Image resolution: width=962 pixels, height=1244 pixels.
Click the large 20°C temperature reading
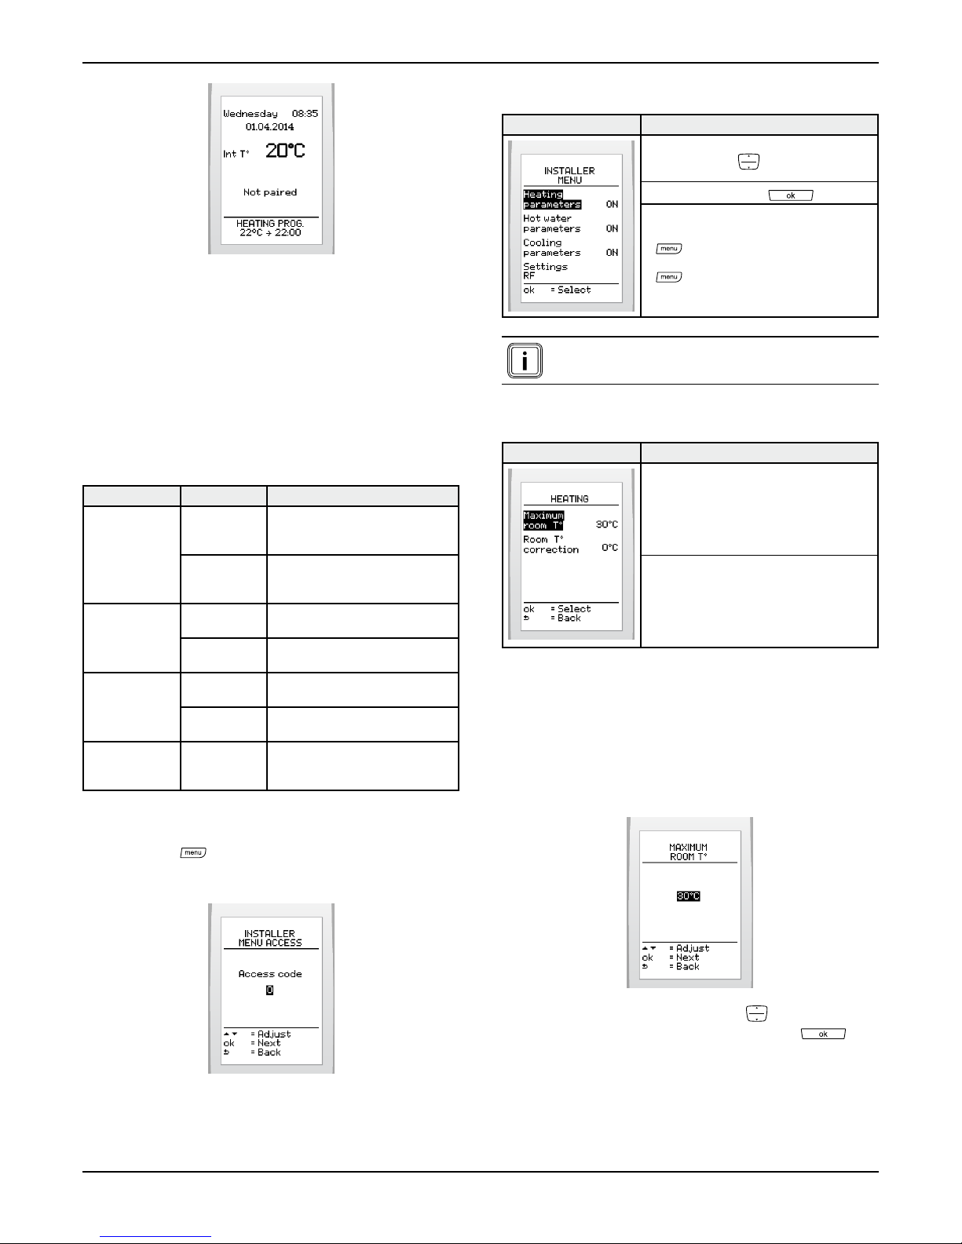click(285, 151)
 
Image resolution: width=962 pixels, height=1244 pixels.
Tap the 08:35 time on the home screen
click(305, 113)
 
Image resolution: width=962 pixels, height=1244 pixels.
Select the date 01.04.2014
click(269, 126)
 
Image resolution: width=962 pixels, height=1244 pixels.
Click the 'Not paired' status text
click(269, 192)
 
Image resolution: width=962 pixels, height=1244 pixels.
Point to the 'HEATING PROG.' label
click(269, 223)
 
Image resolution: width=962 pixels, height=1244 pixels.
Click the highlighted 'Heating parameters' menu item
click(552, 199)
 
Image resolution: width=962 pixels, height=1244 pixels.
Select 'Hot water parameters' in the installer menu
click(551, 223)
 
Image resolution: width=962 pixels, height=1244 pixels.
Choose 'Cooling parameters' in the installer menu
click(551, 247)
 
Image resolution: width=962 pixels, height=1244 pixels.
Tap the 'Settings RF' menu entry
click(545, 271)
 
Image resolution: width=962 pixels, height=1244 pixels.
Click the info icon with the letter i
click(525, 361)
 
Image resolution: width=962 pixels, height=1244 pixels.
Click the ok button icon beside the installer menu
click(790, 195)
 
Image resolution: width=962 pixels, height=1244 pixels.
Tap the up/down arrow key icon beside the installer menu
click(748, 162)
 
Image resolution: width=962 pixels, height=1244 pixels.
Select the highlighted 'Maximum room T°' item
click(543, 520)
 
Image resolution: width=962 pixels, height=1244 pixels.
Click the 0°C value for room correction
click(609, 548)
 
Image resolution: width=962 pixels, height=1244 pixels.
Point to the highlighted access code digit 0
click(269, 990)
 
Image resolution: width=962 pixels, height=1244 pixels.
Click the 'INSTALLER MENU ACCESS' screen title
click(269, 938)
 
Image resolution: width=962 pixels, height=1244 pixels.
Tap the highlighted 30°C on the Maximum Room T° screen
click(688, 896)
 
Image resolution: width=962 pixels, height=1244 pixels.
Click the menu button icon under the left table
click(193, 852)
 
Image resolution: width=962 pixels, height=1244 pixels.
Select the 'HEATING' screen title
click(569, 498)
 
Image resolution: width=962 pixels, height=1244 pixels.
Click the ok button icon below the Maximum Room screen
click(823, 1034)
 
